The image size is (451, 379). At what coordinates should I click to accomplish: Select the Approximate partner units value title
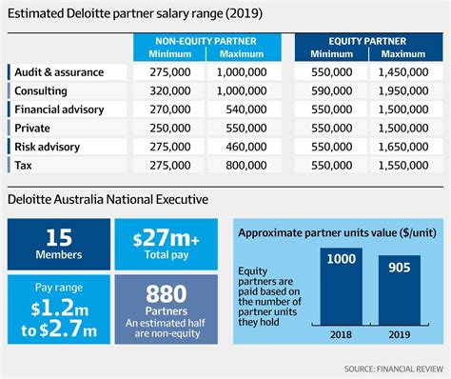click(x=338, y=232)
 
